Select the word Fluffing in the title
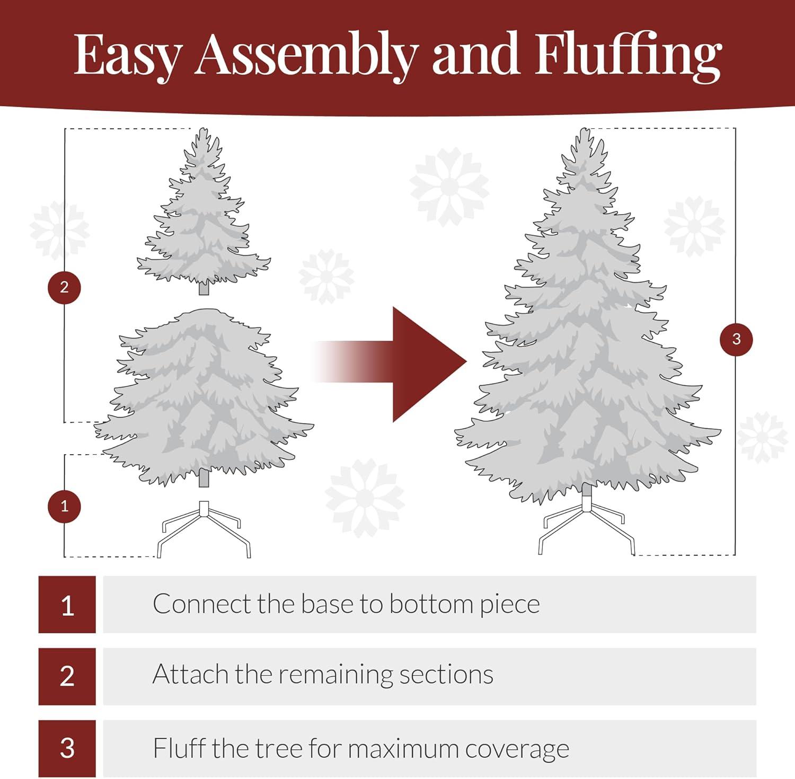(628, 55)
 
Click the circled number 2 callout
(64, 287)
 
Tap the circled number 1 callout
(64, 506)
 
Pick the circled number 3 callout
(736, 339)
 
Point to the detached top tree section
(204, 217)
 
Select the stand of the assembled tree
(586, 525)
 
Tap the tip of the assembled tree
(585, 132)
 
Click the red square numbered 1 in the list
(67, 605)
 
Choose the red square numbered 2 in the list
(67, 676)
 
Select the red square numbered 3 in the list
(67, 748)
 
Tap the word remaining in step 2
(337, 675)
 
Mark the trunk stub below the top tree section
(204, 289)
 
